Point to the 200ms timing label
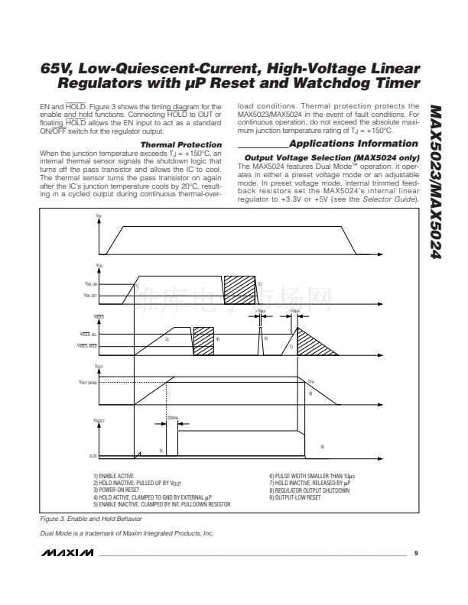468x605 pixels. [172, 419]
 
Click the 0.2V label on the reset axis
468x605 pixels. [93, 456]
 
